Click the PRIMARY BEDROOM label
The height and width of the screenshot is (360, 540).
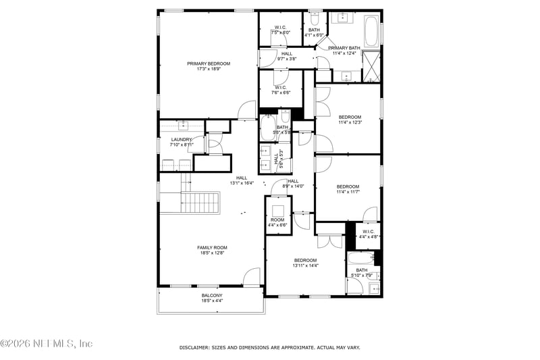coord(209,63)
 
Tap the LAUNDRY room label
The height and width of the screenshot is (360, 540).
coord(182,139)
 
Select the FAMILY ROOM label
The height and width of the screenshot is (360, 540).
coord(212,247)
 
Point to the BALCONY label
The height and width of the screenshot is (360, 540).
coord(212,295)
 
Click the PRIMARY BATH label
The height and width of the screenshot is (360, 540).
coord(344,48)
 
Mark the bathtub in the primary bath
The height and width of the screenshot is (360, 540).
coord(372,30)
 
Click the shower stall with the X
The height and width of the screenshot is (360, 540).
coord(371,66)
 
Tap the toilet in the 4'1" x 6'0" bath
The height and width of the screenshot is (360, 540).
coord(315,18)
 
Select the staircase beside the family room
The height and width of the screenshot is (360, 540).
coord(201,203)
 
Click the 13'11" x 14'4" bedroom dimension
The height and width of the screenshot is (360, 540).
coord(305,265)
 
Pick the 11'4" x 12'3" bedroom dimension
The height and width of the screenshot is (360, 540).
coord(350,122)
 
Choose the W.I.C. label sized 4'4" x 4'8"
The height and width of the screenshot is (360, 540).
coord(369,236)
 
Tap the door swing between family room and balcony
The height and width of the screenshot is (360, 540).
coord(251,277)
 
